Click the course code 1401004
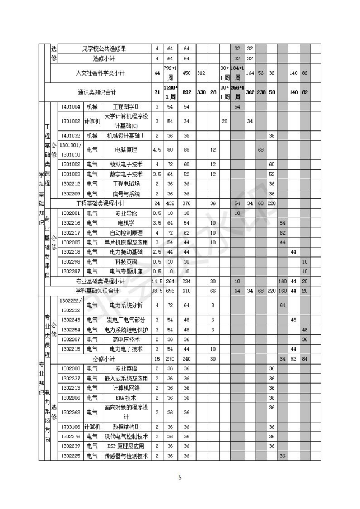click(71, 106)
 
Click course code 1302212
click(71, 184)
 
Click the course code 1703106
click(71, 427)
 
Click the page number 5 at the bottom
click(180, 477)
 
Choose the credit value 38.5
click(157, 291)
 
